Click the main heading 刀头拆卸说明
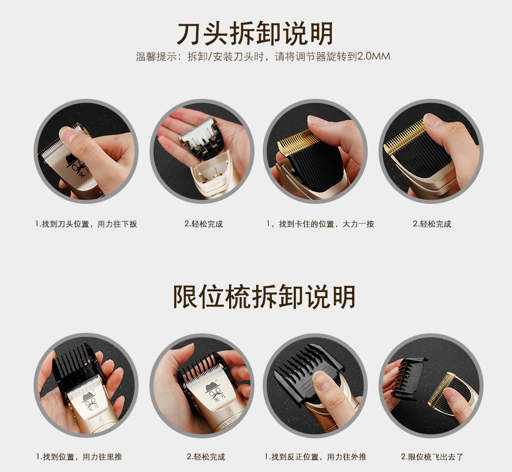[x=255, y=33]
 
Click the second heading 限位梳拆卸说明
[x=264, y=297]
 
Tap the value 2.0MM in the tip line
[x=374, y=56]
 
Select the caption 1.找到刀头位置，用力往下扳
[x=86, y=224]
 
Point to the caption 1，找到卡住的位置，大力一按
[x=320, y=224]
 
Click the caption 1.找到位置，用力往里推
[x=79, y=456]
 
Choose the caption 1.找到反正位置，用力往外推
[x=315, y=456]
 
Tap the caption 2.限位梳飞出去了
[x=432, y=456]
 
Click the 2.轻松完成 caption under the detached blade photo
[x=203, y=224]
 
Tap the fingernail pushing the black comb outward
[x=322, y=380]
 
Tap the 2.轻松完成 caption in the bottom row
[x=206, y=456]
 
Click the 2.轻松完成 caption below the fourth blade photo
[x=432, y=224]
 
